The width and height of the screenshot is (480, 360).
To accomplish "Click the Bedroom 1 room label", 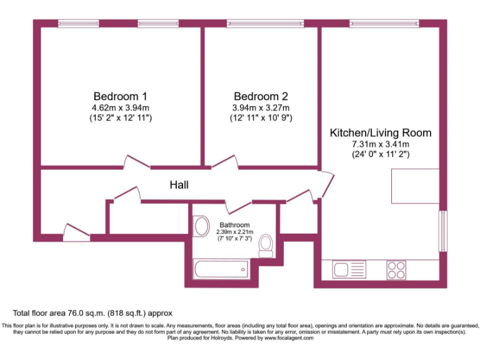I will [x=120, y=96].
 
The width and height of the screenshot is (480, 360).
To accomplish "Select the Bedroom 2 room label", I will [x=261, y=96].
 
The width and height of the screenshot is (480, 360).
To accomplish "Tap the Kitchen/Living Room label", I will [x=380, y=133].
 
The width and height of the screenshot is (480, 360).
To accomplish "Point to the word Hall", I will [x=179, y=185].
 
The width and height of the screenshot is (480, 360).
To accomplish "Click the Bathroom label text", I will [x=234, y=225].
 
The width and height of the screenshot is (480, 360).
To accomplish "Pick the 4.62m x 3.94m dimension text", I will [x=120, y=107].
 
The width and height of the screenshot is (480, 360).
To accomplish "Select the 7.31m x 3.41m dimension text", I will [x=380, y=144].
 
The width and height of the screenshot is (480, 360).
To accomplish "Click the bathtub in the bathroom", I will [x=222, y=270].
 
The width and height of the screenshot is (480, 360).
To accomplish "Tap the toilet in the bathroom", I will [x=265, y=244].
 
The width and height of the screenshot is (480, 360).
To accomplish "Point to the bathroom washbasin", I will [x=201, y=226].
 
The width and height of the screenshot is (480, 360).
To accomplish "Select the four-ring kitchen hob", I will [x=396, y=269].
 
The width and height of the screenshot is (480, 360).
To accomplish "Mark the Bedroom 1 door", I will [x=136, y=163].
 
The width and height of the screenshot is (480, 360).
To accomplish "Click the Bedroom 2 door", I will [x=225, y=162].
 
